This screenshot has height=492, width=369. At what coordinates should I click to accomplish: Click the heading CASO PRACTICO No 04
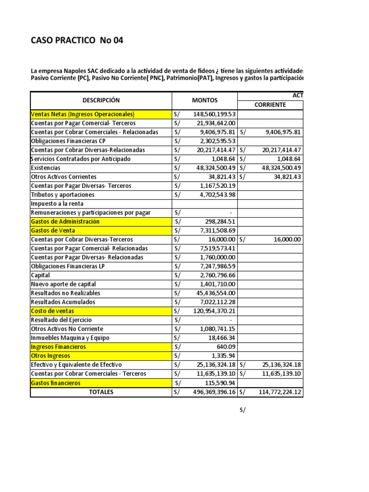point(77,41)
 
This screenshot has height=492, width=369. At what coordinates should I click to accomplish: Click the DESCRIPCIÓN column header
point(101,100)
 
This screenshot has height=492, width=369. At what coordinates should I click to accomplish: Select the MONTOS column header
point(205,100)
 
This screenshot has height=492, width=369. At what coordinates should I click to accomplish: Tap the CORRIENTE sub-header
point(271,105)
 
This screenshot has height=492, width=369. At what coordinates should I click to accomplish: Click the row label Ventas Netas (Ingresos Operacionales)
point(82,114)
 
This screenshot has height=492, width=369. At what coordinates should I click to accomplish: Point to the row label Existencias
point(46,168)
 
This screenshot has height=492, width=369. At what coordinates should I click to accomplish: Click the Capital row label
point(40,276)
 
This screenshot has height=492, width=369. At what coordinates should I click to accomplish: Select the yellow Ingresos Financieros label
point(58,347)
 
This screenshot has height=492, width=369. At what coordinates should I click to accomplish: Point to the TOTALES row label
point(101,392)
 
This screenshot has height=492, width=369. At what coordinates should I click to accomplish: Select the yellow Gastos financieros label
point(55,383)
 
